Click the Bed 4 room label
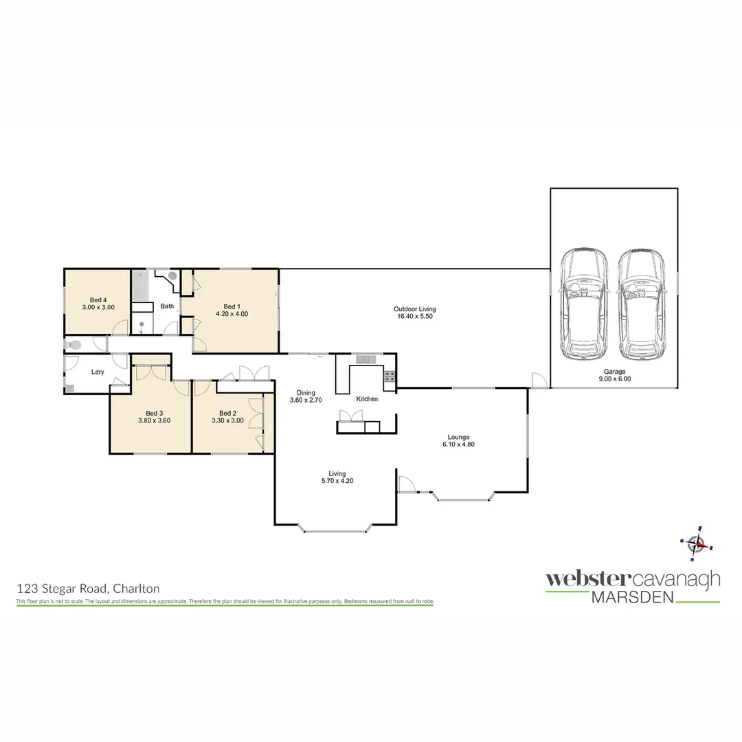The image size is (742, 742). click(x=98, y=300)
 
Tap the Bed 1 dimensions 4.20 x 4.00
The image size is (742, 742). click(x=232, y=314)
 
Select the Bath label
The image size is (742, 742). click(x=167, y=306)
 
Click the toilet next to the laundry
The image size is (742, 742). click(x=74, y=344)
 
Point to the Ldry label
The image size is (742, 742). click(x=98, y=372)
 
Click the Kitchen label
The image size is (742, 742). click(x=366, y=399)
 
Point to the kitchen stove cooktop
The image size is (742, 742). click(x=390, y=376)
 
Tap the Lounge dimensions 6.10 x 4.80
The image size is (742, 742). click(x=458, y=444)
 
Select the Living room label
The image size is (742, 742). click(x=337, y=473)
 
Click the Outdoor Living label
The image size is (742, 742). click(x=414, y=308)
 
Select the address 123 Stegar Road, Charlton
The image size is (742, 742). click(x=88, y=589)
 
